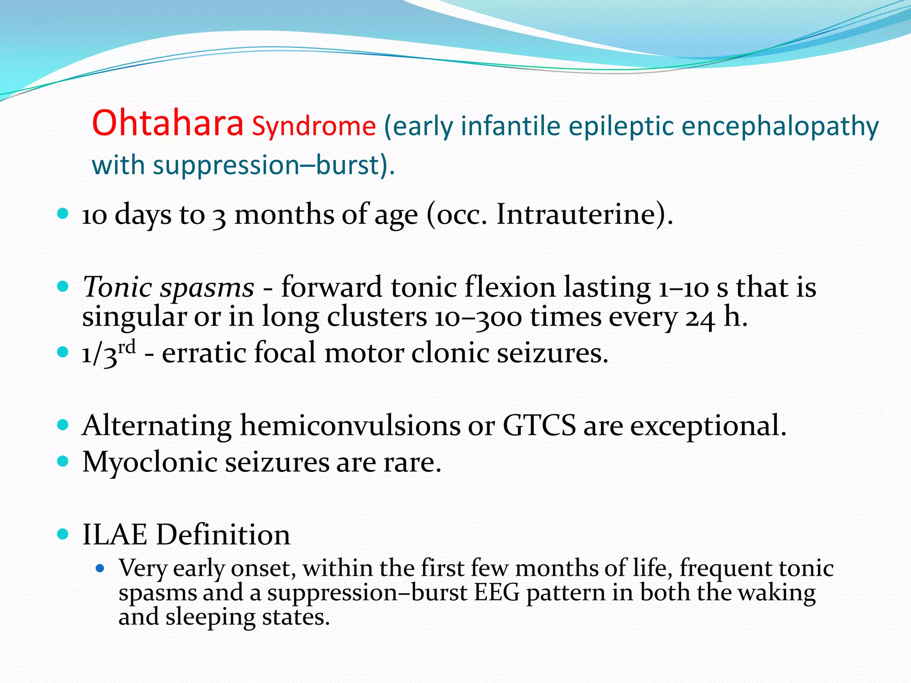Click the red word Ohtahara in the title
168,123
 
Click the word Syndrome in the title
314,126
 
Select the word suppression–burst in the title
265,165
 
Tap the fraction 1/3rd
109,353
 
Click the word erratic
203,353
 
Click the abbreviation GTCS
539,426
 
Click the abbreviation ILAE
114,534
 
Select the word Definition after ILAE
223,534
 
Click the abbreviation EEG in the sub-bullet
496,593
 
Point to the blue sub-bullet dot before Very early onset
100,568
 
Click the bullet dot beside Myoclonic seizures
63,462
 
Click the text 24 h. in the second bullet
716,317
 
